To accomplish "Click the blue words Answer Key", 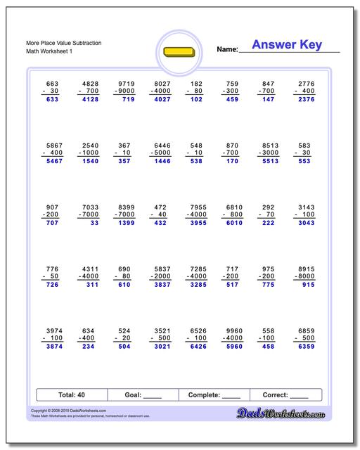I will coord(286,45).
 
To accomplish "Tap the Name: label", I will coord(227,49).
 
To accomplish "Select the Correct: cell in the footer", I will coord(285,395).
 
